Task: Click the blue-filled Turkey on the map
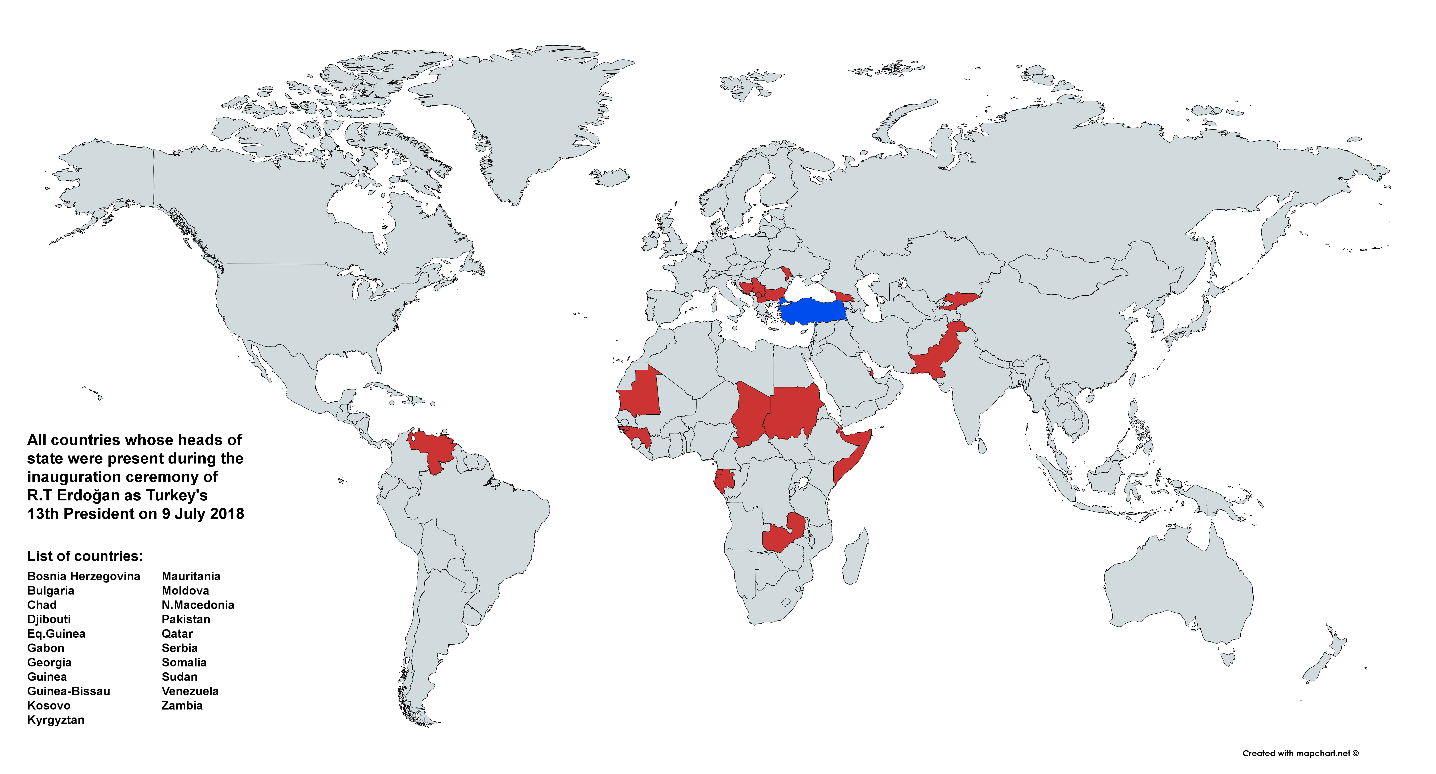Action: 814,311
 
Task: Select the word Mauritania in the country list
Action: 191,576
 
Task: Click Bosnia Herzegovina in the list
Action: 84,576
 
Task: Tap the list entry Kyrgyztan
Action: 56,720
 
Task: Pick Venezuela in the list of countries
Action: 190,691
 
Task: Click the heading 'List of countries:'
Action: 85,556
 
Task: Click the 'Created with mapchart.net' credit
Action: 1300,753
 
